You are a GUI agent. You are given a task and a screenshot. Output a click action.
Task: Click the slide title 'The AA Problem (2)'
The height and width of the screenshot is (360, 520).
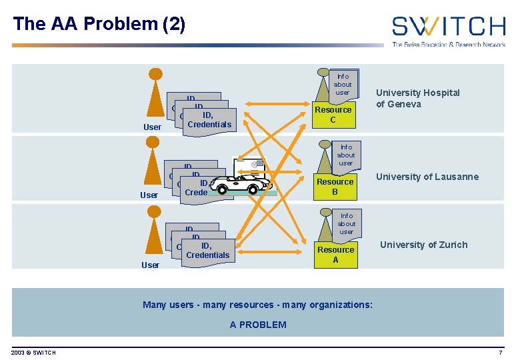coord(99,25)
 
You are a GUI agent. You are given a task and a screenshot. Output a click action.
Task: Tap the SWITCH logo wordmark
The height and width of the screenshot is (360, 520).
coord(448,27)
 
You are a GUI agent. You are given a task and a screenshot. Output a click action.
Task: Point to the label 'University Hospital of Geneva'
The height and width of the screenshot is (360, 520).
coord(417,99)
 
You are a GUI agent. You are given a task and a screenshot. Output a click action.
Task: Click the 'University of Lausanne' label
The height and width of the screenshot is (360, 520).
coord(427,177)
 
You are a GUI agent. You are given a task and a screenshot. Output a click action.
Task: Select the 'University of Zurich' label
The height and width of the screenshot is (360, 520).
coord(423,245)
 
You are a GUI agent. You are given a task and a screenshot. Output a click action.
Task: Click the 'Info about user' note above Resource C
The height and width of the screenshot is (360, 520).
coord(343,85)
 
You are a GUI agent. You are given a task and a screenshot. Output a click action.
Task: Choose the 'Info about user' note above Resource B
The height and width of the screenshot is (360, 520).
coord(345,155)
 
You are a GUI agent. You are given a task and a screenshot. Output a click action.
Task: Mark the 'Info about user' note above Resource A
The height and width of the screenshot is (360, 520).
coord(346,224)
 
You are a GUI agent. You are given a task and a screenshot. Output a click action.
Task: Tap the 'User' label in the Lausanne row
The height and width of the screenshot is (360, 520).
coord(149,195)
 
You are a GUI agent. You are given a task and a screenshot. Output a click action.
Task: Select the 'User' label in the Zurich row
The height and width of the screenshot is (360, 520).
coord(150,265)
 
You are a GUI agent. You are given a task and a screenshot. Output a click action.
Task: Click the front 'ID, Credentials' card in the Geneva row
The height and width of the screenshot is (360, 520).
coord(209,121)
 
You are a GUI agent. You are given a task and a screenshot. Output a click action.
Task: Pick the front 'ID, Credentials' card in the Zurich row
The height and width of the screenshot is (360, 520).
coord(207,251)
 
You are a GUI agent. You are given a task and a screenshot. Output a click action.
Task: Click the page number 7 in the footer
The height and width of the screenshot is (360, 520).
coord(500,352)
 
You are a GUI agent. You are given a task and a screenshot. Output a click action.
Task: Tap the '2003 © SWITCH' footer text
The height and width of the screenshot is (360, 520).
coord(34,352)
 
